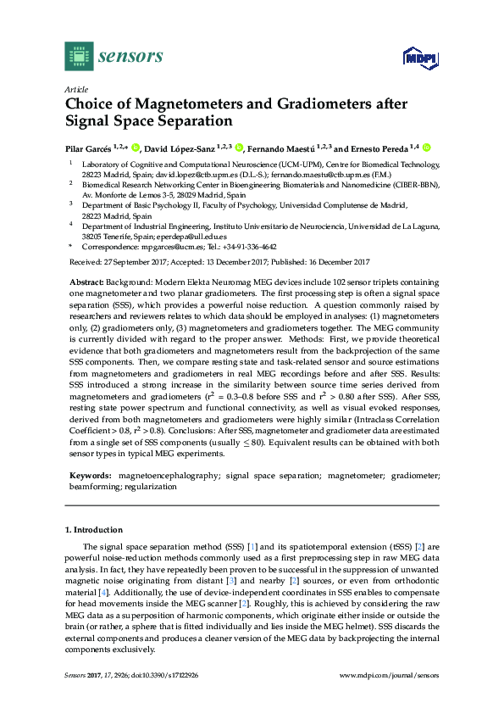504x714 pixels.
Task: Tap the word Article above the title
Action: point(75,88)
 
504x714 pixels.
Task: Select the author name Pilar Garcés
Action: point(89,147)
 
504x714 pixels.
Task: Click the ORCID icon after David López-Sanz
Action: point(240,147)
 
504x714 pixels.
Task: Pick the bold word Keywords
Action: point(88,477)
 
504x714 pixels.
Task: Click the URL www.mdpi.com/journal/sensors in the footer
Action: point(389,675)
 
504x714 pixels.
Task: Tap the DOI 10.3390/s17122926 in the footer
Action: point(169,675)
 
